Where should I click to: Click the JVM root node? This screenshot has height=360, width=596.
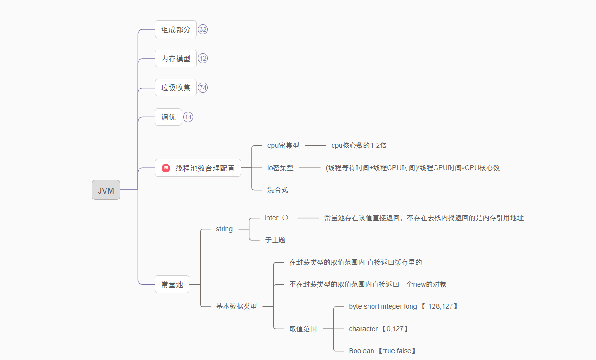106,190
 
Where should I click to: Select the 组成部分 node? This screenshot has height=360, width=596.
176,29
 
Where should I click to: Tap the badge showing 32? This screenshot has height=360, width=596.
203,29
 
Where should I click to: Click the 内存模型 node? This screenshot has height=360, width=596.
176,59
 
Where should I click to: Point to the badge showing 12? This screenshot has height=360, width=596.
203,58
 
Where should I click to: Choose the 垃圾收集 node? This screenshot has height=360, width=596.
176,88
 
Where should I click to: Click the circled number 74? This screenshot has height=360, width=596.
203,87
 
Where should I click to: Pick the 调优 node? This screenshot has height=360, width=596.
168,117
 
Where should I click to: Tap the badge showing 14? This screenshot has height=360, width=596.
188,117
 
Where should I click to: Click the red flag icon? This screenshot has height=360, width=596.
166,168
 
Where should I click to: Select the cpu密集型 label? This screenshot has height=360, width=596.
283,145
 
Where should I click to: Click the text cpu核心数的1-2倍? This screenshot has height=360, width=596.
359,145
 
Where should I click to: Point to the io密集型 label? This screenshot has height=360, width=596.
280,168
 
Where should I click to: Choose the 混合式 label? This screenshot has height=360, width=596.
278,189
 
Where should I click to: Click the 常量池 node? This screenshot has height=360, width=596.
172,284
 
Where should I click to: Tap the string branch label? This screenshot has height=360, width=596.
224,229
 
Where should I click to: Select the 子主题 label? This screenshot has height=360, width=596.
275,240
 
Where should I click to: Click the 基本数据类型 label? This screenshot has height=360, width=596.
237,306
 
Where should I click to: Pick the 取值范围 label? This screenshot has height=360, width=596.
303,329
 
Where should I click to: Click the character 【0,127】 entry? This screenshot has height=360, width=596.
379,329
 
